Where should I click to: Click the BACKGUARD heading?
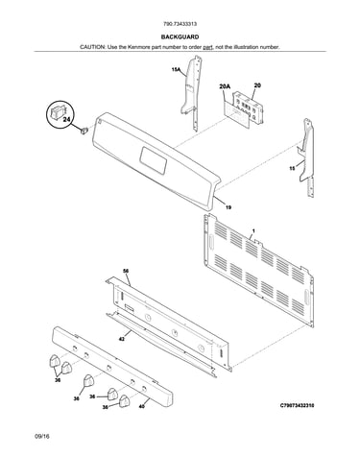180,37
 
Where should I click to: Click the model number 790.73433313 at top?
180,24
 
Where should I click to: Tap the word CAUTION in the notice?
92,47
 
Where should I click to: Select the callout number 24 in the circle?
66,120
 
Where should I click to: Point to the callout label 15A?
176,69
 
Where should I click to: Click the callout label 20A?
225,86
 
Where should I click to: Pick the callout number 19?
228,207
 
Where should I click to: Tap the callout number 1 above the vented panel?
253,230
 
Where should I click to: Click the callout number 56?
126,271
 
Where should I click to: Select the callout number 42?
122,339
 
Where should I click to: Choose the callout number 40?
142,406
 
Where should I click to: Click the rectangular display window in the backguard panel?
154,160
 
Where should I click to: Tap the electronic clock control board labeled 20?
249,108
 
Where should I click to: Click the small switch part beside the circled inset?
84,131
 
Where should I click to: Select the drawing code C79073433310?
298,405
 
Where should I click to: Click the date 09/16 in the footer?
42,436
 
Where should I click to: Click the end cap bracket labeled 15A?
193,93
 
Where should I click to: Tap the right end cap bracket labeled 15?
305,156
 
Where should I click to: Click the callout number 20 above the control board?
257,85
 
